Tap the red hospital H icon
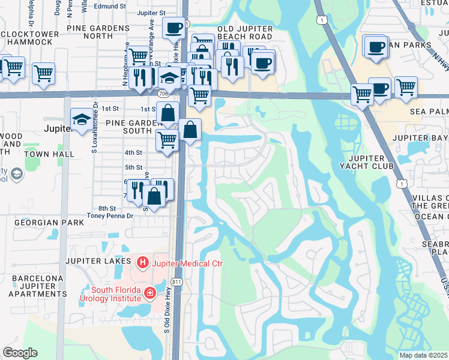coord(142,262)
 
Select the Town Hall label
coord(54,154)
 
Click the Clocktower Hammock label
coord(30,38)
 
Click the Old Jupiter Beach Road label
coord(245,32)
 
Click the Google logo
coord(20,353)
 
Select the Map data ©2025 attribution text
coord(424,355)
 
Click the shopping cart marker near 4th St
coord(167,140)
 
